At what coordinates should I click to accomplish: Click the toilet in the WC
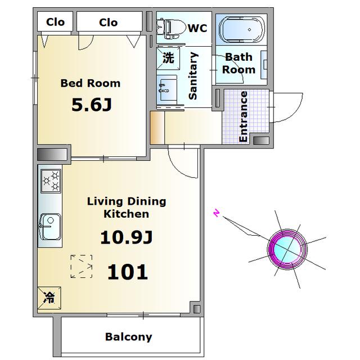click(x=171, y=29)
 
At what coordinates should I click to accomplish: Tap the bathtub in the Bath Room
click(x=242, y=30)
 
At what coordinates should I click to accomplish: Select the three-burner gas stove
click(x=51, y=181)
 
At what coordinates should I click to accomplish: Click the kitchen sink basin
click(x=51, y=227)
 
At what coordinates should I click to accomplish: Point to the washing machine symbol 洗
click(x=168, y=58)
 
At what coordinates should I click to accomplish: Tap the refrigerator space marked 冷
click(x=49, y=298)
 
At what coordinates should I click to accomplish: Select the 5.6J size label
click(x=92, y=105)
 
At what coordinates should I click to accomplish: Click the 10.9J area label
click(x=127, y=237)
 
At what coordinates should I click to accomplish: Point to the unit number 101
click(x=128, y=272)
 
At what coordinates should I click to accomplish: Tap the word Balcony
click(x=129, y=337)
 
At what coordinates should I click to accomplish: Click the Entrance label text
click(x=243, y=116)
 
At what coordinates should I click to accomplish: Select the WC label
click(x=197, y=28)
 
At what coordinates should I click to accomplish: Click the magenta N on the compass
click(x=217, y=213)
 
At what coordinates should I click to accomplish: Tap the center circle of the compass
click(x=287, y=249)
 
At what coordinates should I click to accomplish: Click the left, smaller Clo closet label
click(x=55, y=22)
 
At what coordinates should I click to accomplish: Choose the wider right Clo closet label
click(x=109, y=22)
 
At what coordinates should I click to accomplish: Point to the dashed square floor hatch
click(x=82, y=266)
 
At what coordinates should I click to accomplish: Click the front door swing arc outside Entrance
click(x=296, y=111)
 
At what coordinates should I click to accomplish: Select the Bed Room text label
click(x=91, y=83)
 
